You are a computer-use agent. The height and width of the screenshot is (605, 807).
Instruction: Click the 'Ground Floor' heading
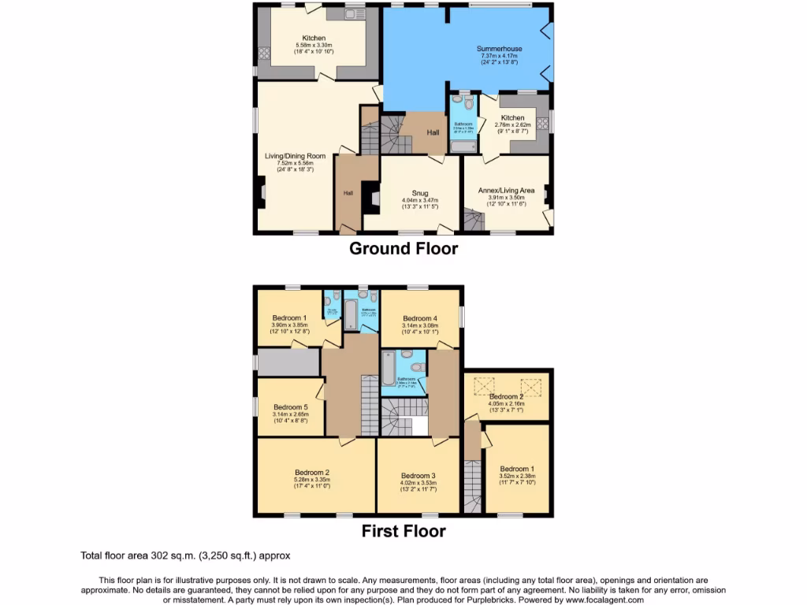click(403, 249)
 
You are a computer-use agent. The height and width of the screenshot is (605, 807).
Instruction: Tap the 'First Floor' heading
click(403, 531)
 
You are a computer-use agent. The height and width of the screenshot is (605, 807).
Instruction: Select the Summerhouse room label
click(499, 49)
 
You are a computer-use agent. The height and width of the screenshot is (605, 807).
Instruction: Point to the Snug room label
click(419, 191)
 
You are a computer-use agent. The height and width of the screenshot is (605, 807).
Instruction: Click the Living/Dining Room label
click(295, 156)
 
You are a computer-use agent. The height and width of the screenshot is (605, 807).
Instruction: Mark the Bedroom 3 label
click(418, 476)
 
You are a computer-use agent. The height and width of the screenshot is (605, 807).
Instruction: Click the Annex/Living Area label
click(507, 190)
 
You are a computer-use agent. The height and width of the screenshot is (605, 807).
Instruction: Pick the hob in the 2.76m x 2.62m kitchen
click(542, 134)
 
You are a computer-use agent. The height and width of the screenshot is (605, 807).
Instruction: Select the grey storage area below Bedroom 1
click(288, 362)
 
